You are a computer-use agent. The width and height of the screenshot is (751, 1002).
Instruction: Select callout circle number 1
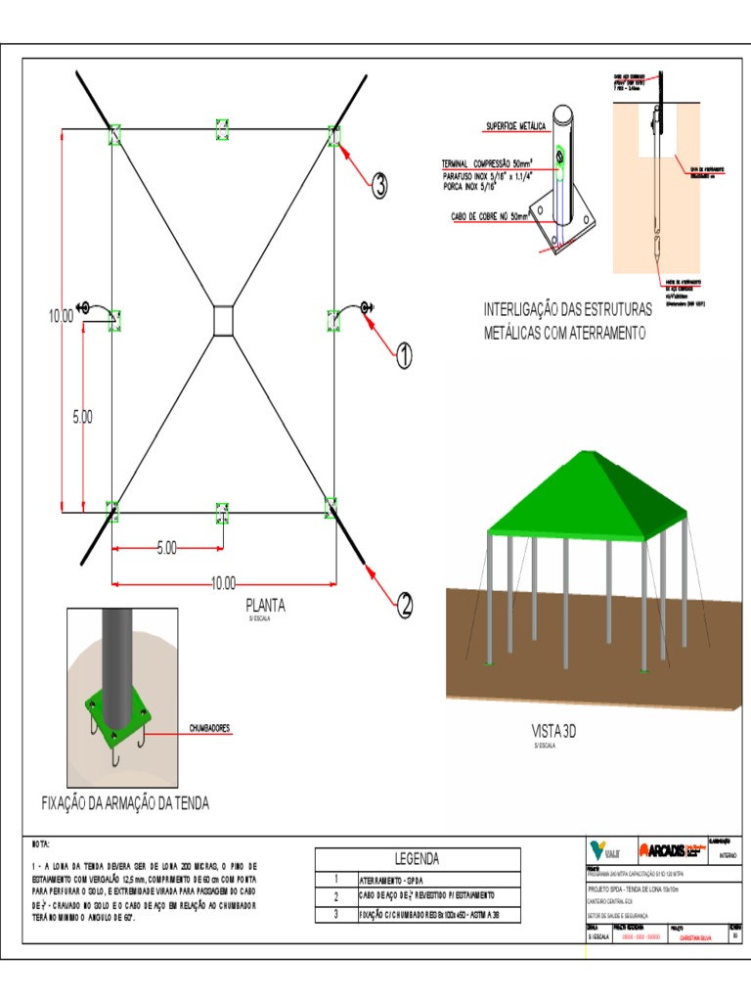402,357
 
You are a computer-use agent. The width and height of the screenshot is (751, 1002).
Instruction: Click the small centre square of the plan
223,321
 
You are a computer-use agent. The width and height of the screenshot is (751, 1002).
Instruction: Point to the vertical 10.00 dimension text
61,316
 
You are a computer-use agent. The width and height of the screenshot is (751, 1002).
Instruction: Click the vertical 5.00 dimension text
82,417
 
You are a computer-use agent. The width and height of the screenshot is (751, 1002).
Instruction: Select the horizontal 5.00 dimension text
167,549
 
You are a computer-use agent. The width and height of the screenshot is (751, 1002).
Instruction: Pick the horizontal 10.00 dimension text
224,583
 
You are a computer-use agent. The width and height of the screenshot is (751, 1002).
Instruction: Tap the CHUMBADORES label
209,729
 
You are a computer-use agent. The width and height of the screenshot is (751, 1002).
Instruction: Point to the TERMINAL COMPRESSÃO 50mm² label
485,163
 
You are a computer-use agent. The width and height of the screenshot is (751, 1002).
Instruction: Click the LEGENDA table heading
418,859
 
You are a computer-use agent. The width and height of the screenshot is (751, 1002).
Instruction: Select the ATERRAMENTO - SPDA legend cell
392,880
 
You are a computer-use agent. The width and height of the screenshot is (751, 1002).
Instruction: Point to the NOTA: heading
41,843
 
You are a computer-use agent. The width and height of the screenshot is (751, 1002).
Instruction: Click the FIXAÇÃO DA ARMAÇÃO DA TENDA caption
125,803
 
